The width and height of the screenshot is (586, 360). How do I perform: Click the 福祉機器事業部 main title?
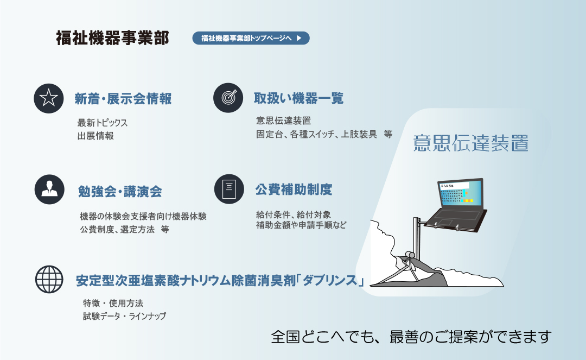(x=112, y=38)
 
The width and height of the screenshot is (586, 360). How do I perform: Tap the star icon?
(x=49, y=98)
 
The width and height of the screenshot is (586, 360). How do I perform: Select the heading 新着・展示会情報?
(x=123, y=99)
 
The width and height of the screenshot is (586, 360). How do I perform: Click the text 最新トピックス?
(x=103, y=123)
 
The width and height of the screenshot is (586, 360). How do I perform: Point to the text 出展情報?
(x=95, y=136)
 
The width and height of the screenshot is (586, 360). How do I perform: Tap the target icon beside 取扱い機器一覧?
(x=228, y=98)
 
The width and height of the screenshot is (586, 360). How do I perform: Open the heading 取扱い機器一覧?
(x=298, y=98)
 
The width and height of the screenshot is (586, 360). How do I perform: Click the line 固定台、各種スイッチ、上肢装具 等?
(x=324, y=134)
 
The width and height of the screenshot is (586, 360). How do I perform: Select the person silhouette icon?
(x=49, y=189)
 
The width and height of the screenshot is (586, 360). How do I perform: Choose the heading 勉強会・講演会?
(x=120, y=191)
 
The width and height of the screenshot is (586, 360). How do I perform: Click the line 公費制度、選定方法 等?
(x=124, y=229)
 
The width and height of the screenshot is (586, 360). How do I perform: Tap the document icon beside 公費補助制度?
(x=229, y=189)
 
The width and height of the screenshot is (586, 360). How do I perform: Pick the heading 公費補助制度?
(x=294, y=190)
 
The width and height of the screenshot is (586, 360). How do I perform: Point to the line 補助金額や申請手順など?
(x=301, y=225)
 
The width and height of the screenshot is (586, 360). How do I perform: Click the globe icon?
(x=49, y=279)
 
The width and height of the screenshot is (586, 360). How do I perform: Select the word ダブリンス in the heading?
(x=330, y=280)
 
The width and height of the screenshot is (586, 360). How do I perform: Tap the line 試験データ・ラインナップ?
(x=124, y=316)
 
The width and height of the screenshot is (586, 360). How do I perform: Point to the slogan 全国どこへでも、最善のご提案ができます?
(x=411, y=337)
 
